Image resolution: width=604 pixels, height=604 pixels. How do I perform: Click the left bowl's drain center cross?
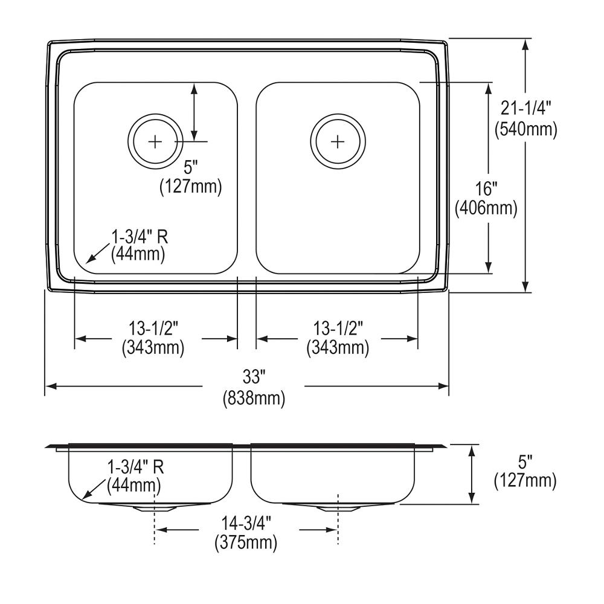(x=156, y=141)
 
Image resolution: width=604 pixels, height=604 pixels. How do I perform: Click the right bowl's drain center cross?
(x=338, y=141)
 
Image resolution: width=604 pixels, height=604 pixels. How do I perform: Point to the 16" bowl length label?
(x=486, y=188)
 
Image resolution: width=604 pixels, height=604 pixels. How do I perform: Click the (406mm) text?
(x=486, y=209)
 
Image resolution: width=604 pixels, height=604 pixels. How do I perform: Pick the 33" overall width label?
(x=254, y=378)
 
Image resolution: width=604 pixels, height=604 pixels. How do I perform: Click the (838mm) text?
(x=254, y=398)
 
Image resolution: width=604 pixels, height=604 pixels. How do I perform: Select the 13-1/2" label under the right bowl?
(x=338, y=329)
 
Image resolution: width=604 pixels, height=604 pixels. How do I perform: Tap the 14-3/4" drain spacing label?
(x=246, y=522)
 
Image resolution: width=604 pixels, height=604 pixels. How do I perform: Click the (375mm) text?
(x=246, y=542)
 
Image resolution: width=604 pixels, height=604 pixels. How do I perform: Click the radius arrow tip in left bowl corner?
(x=88, y=263)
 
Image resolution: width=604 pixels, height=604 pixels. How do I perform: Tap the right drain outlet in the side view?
(x=337, y=508)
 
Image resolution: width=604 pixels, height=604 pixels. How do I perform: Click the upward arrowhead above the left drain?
(x=194, y=87)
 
